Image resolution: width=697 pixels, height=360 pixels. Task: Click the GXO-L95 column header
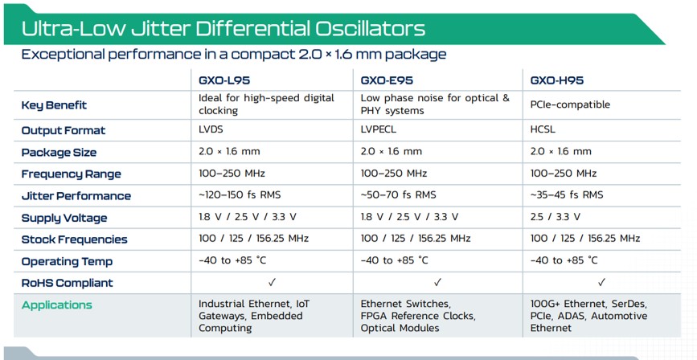coord(224,80)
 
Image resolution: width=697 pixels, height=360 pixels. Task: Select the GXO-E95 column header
coord(387,80)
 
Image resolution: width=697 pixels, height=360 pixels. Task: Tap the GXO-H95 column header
coord(557,80)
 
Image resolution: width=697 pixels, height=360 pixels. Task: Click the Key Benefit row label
coord(54,105)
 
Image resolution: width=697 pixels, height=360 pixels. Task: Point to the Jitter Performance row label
coord(76,196)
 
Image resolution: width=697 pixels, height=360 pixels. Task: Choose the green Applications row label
coord(57,305)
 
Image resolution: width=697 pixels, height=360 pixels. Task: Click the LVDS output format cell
coord(211,129)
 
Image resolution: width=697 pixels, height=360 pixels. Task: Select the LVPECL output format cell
coord(379,129)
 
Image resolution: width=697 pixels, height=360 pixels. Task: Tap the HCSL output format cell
coord(543,129)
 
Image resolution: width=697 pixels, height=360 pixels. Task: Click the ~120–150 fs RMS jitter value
coord(240,194)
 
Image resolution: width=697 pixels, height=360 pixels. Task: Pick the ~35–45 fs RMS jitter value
coord(567,194)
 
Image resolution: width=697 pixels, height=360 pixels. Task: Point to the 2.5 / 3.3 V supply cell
coord(556,217)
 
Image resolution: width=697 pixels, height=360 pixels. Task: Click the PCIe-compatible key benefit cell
coord(570,105)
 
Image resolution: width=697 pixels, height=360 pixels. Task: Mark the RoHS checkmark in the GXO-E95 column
coord(437,282)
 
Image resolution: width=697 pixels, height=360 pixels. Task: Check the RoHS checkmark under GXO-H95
coord(601,282)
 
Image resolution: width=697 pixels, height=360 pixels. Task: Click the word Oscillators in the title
coord(371,28)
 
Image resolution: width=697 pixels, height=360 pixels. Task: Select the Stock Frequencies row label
coord(74,239)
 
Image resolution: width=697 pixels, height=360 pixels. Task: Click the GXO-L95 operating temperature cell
coord(232,260)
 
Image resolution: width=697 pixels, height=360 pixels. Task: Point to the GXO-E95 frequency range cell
coord(394,173)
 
